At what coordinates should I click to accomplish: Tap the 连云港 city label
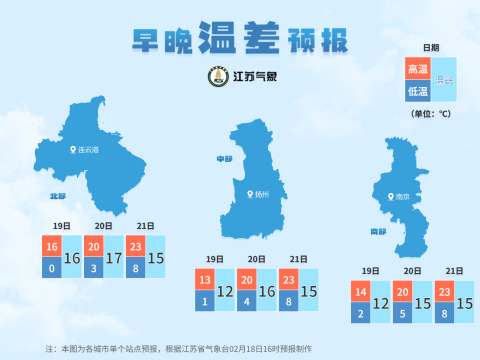coord(88,149)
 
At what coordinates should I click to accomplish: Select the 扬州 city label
coord(261,194)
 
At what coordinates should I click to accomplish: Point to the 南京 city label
coord(402,197)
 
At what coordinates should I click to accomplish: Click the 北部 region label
coord(57,196)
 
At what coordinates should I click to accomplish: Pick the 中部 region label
coord(224,158)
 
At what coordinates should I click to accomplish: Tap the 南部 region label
coord(378,231)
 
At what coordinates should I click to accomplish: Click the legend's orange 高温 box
coord(417,69)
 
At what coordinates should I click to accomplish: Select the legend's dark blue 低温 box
coord(417,91)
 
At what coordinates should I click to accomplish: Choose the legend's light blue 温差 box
coord(444,80)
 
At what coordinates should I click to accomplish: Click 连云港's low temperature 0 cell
coord(52,268)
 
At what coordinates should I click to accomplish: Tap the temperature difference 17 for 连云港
coord(114,258)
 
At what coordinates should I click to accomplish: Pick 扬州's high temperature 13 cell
coord(205,280)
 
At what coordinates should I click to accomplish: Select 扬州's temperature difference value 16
coord(267,291)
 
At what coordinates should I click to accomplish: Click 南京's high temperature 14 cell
coord(360,292)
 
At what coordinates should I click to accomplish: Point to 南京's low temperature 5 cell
coord(402,313)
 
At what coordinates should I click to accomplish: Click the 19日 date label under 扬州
coord(214,259)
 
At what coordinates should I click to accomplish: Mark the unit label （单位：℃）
coord(430,114)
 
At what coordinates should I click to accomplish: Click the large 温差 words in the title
coord(238,38)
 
